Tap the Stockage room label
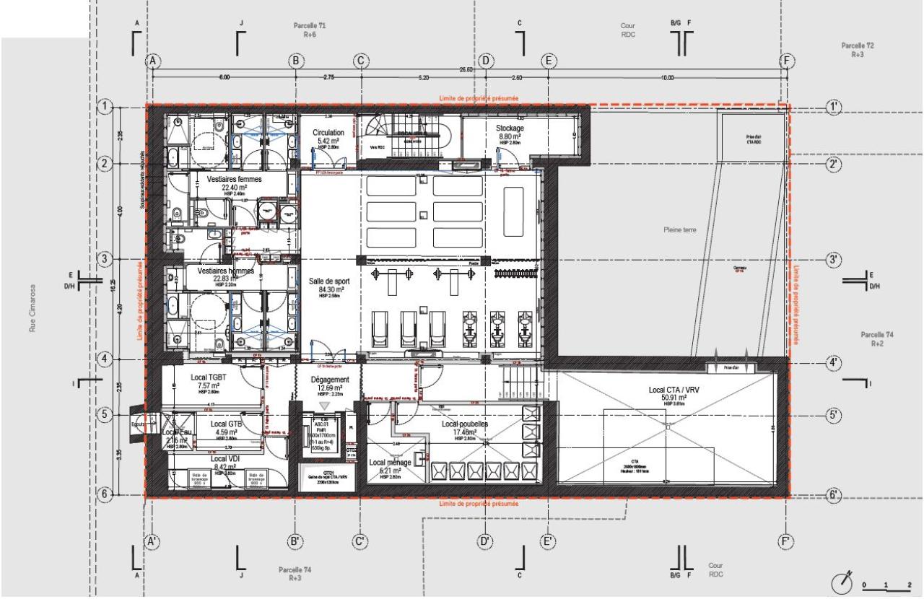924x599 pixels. tap(510, 128)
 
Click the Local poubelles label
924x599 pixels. tap(465, 424)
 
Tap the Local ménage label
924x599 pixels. tap(389, 463)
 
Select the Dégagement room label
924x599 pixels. tap(330, 380)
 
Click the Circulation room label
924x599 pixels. tap(328, 133)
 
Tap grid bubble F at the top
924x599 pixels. tap(787, 61)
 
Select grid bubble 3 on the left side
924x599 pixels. tap(105, 259)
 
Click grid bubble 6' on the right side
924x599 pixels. tap(834, 495)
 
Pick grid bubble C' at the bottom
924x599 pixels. tap(361, 540)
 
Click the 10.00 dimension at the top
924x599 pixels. tap(666, 77)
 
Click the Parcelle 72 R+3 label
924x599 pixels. tap(857, 49)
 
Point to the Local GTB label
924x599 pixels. tap(226, 424)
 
